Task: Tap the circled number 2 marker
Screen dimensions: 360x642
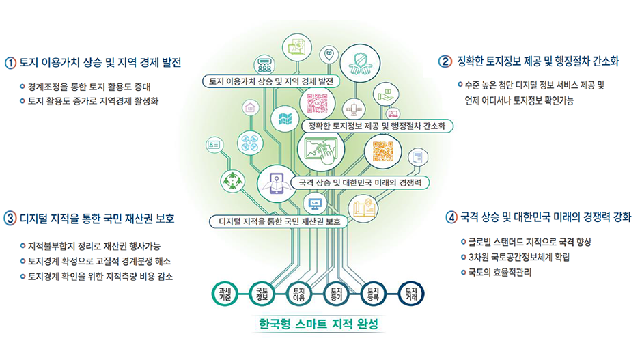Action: (445, 61)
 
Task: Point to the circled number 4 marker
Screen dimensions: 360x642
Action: (451, 217)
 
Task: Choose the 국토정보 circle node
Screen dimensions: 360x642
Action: (261, 294)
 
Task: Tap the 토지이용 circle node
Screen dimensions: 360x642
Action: (298, 294)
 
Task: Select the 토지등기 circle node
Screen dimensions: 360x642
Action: (336, 294)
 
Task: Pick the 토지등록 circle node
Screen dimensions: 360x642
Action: (374, 294)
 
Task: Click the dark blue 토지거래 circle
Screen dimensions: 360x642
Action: (411, 294)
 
